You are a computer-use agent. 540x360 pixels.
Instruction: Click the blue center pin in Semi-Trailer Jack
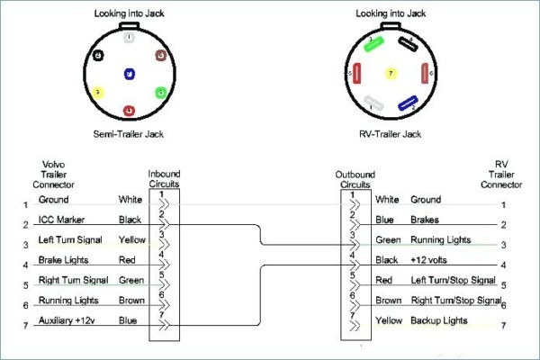[x=130, y=73]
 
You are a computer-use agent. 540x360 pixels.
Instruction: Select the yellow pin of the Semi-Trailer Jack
[x=97, y=93]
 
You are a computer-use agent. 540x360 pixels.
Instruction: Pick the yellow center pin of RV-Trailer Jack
[x=389, y=73]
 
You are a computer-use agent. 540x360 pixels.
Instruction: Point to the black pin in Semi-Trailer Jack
[x=97, y=54]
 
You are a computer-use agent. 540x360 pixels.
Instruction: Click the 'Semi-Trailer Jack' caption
[x=130, y=133]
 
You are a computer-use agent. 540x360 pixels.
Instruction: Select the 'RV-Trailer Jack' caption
[x=389, y=133]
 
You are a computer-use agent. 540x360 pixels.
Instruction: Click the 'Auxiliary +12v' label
[x=66, y=320]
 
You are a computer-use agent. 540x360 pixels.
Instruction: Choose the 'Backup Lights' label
[x=439, y=320]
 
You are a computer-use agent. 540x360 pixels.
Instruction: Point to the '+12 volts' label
[x=430, y=260]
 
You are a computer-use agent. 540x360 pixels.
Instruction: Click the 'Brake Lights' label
[x=62, y=260]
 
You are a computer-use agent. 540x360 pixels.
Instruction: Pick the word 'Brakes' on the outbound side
[x=425, y=220]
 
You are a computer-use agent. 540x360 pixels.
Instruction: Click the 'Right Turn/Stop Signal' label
[x=455, y=300]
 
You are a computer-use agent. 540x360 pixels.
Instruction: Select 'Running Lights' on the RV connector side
[x=441, y=239]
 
